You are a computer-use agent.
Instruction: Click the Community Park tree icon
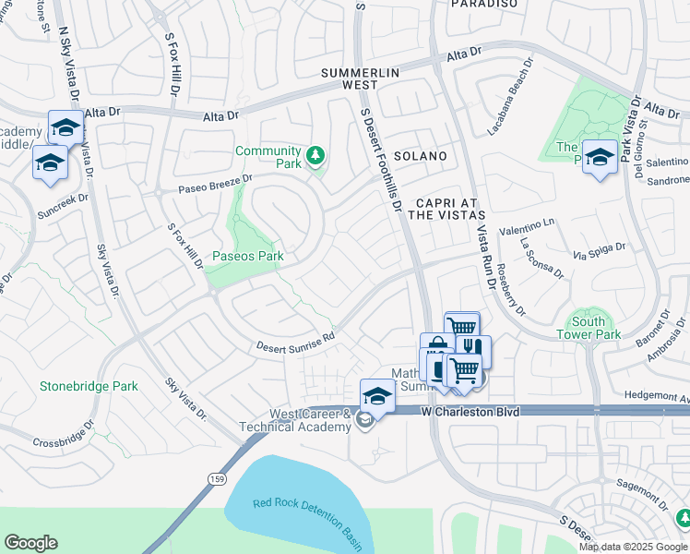coord(316,155)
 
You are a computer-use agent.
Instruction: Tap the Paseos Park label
coord(246,255)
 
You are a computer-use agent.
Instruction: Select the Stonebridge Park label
coord(89,386)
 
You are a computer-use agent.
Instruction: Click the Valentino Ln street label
coord(527,225)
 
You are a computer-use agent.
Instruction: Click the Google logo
coord(31,543)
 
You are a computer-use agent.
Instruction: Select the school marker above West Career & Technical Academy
coord(377,395)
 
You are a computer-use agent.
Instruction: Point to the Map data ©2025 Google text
coord(632,546)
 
